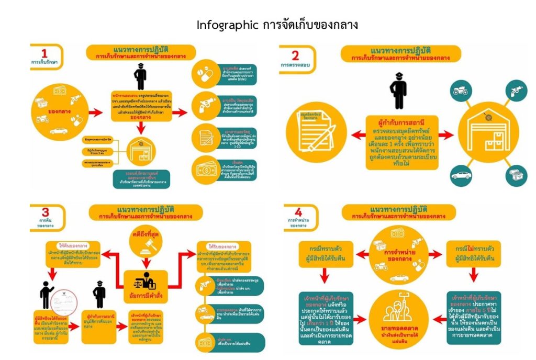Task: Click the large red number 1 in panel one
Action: click(x=44, y=53)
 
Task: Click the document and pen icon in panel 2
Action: click(x=314, y=136)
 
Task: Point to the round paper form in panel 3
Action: click(x=65, y=296)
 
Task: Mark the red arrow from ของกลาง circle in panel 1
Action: click(x=95, y=113)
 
